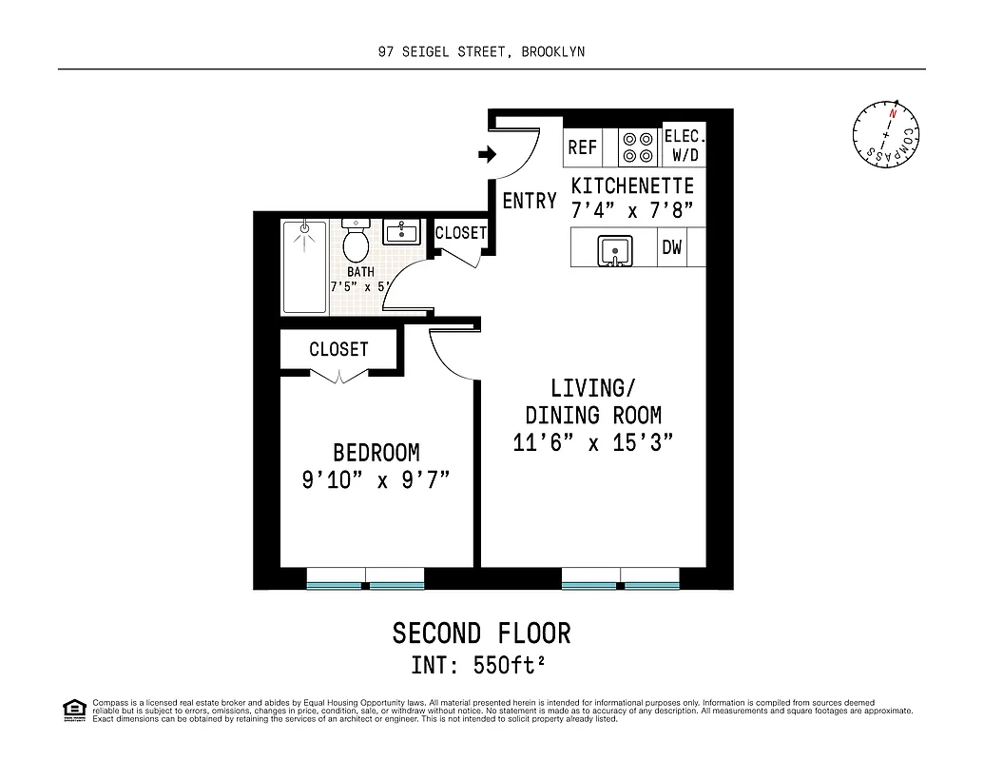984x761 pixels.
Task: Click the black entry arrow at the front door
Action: (487, 154)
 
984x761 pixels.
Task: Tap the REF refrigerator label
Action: (583, 147)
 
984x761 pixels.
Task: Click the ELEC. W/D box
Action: (684, 146)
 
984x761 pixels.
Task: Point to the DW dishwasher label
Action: (672, 249)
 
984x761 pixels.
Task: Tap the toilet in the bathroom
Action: (357, 244)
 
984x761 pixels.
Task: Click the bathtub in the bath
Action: (304, 267)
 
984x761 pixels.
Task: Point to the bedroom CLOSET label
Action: (338, 349)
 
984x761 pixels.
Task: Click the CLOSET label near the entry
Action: (461, 233)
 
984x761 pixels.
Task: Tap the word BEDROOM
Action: (376, 453)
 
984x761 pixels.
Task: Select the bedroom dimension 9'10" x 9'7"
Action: (376, 480)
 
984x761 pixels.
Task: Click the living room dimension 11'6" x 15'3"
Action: (593, 442)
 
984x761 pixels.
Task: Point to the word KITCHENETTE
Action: (632, 185)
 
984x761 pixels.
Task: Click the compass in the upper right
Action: (887, 135)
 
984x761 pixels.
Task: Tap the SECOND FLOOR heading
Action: (481, 633)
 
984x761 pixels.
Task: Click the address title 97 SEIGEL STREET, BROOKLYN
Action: (481, 52)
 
